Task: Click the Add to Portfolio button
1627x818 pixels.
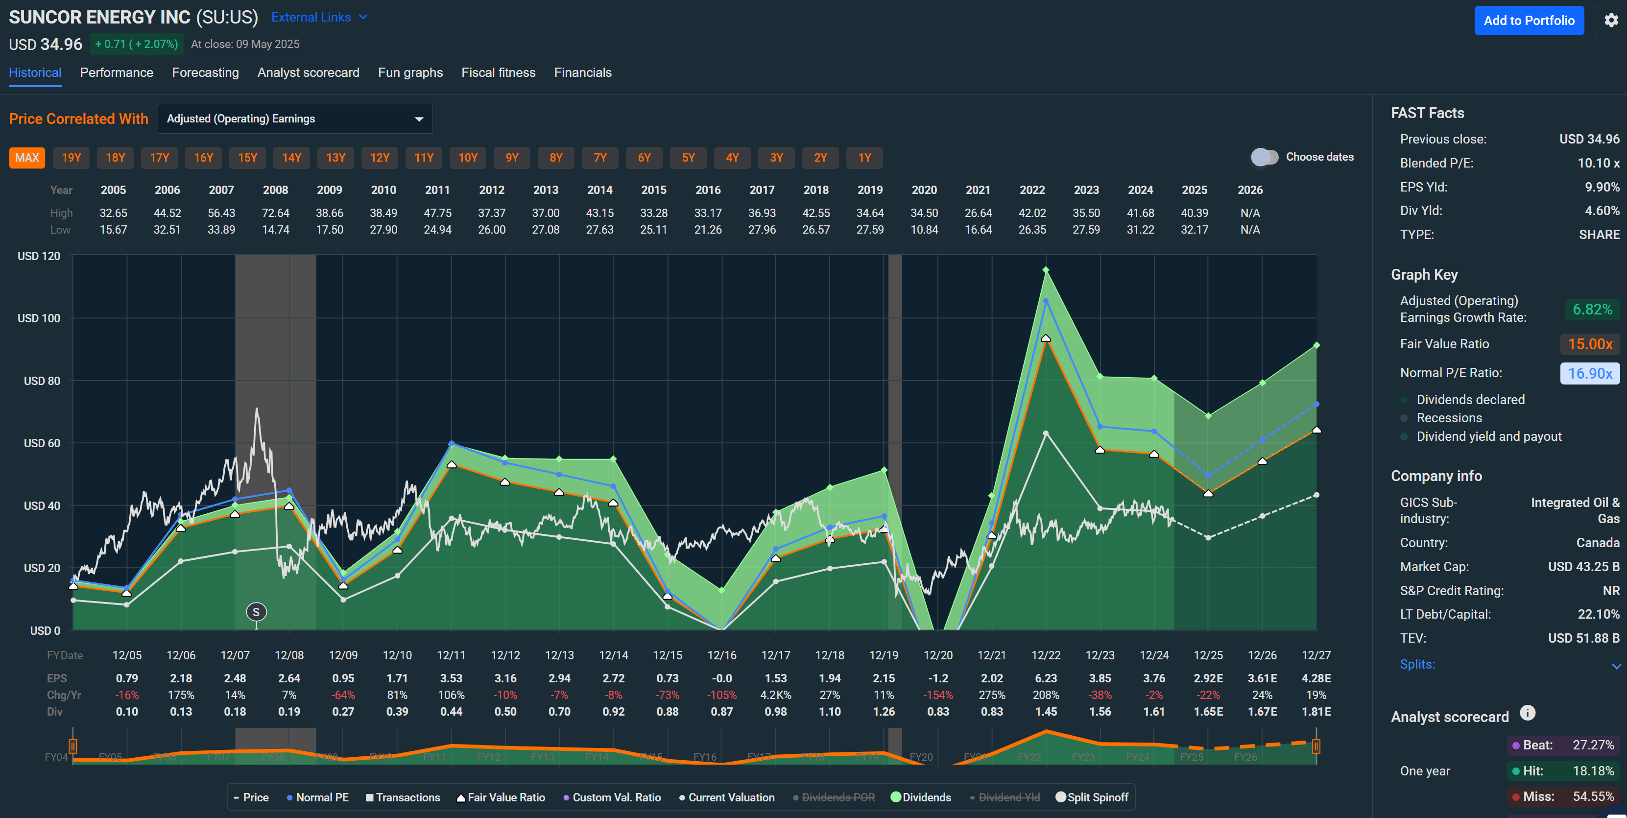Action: click(1529, 21)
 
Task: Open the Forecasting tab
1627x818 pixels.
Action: click(205, 72)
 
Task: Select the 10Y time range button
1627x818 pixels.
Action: click(467, 158)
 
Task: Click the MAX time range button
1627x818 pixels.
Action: click(27, 158)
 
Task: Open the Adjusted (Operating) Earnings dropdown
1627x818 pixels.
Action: click(295, 119)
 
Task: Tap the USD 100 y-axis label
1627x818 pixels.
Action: click(39, 318)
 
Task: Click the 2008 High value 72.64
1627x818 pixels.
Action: click(275, 213)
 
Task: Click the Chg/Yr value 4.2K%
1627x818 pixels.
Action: click(776, 695)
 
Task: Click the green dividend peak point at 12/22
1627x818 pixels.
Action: click(1046, 270)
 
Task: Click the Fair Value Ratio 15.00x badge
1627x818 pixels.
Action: click(1590, 344)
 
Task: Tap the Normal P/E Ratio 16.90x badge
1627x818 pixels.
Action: click(1590, 373)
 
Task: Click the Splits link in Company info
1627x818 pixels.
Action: click(1417, 665)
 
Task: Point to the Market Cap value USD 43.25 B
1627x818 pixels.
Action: click(1583, 567)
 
